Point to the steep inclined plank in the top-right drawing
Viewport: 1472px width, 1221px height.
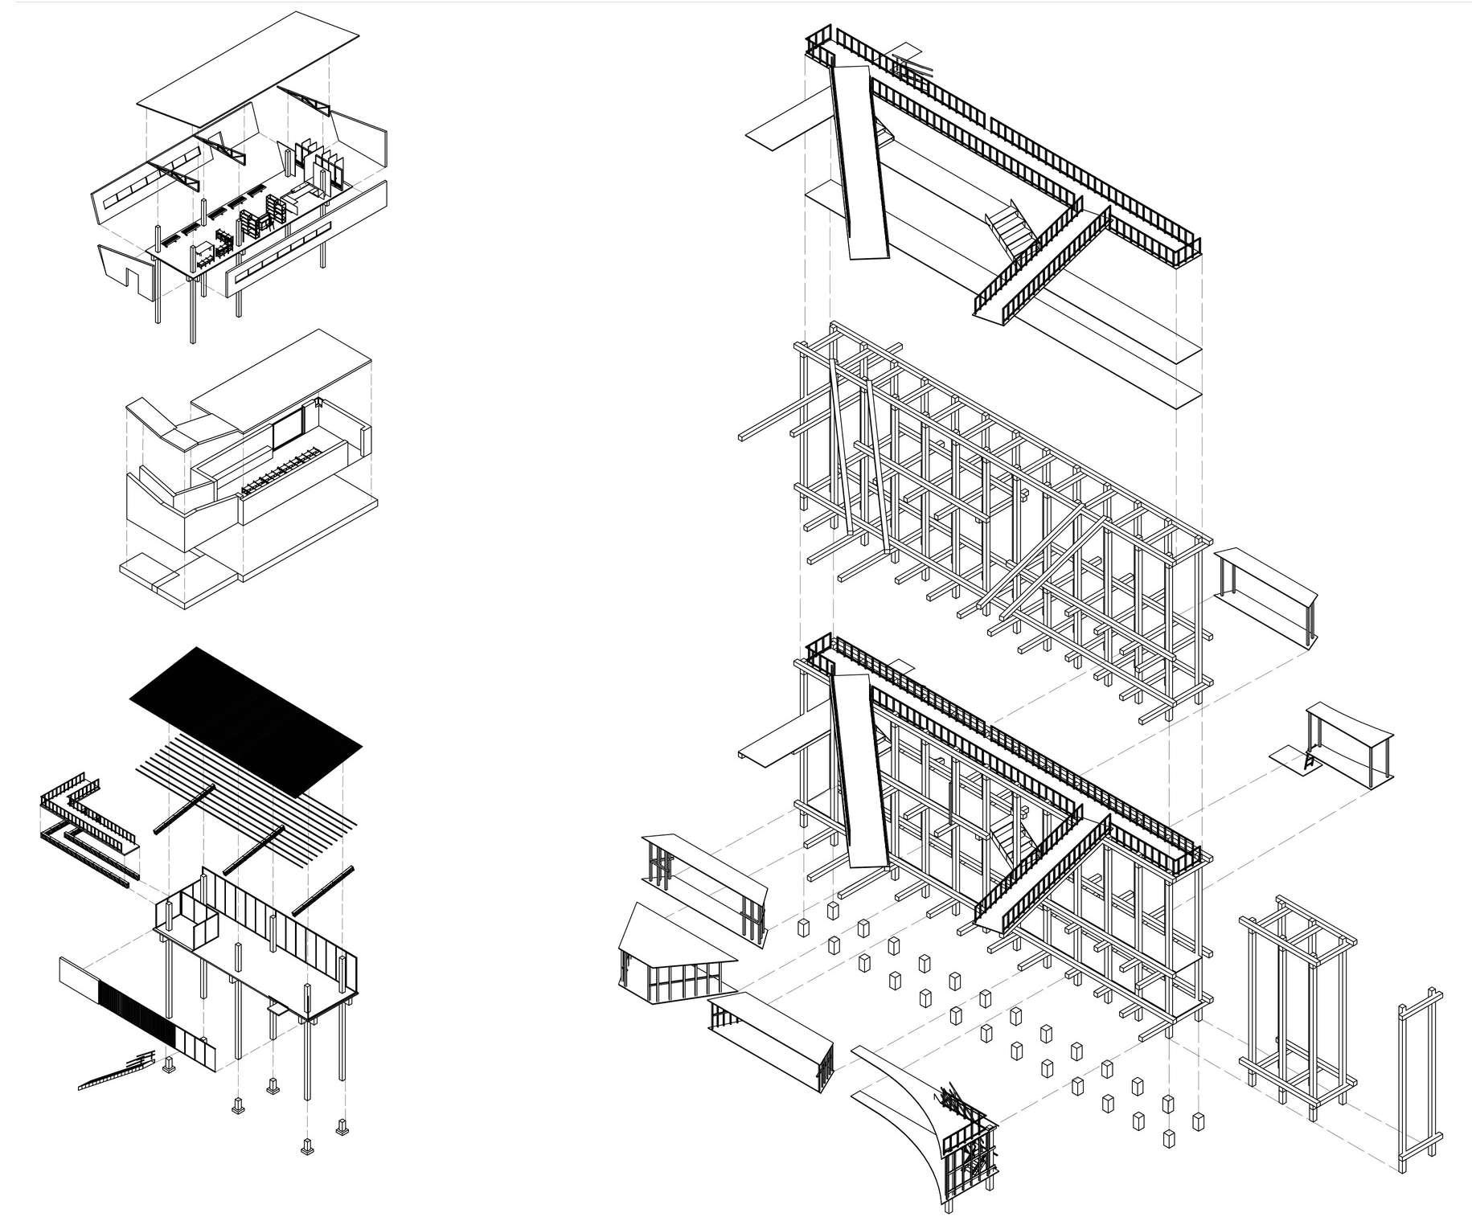pos(860,161)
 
